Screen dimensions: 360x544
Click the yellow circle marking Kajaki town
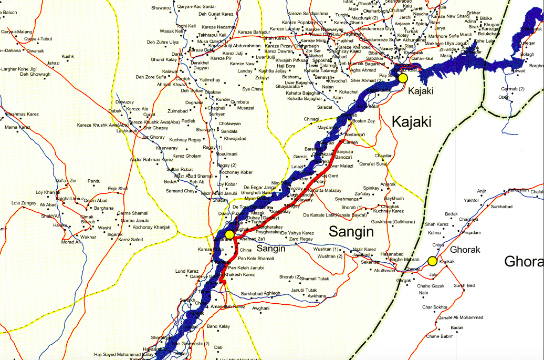click(x=403, y=78)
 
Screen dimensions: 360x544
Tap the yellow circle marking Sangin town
click(x=229, y=234)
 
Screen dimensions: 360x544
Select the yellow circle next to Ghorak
click(x=432, y=261)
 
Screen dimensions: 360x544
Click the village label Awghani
click(x=261, y=308)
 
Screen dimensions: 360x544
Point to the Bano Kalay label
click(x=218, y=326)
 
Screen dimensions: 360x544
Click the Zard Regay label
click(x=301, y=240)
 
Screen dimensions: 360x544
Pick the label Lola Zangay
click(x=24, y=202)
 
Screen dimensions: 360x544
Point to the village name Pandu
click(x=94, y=181)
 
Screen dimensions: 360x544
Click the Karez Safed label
click(x=131, y=240)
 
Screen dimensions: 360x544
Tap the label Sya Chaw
click(x=252, y=89)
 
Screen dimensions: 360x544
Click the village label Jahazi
click(x=54, y=63)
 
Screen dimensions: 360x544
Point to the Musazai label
click(x=246, y=108)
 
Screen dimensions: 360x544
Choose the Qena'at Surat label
click(x=373, y=164)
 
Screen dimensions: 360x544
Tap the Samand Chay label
click(x=180, y=191)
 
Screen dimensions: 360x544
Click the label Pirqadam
click(x=471, y=232)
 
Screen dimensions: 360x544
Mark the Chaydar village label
click(x=383, y=156)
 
